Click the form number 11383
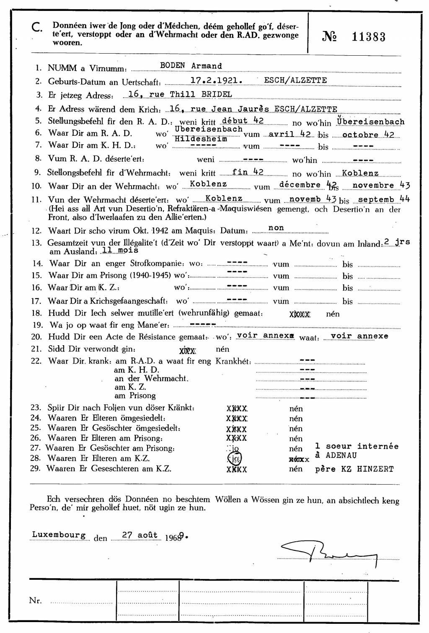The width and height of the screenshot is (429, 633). (x=368, y=37)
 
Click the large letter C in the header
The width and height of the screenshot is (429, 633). (x=36, y=27)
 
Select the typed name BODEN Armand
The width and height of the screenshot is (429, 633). (x=191, y=66)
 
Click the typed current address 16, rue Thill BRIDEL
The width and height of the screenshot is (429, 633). (x=180, y=94)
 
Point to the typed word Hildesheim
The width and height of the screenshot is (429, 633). (x=201, y=139)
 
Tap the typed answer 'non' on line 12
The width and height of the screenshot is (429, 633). (x=276, y=228)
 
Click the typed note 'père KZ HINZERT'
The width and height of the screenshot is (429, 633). (x=354, y=469)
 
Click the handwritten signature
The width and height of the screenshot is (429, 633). (x=327, y=553)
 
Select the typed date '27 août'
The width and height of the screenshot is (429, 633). (x=140, y=535)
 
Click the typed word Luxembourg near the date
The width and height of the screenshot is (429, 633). (x=59, y=535)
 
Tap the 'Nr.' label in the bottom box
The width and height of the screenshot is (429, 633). (x=36, y=601)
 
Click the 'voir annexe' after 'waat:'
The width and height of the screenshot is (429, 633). (x=359, y=336)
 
